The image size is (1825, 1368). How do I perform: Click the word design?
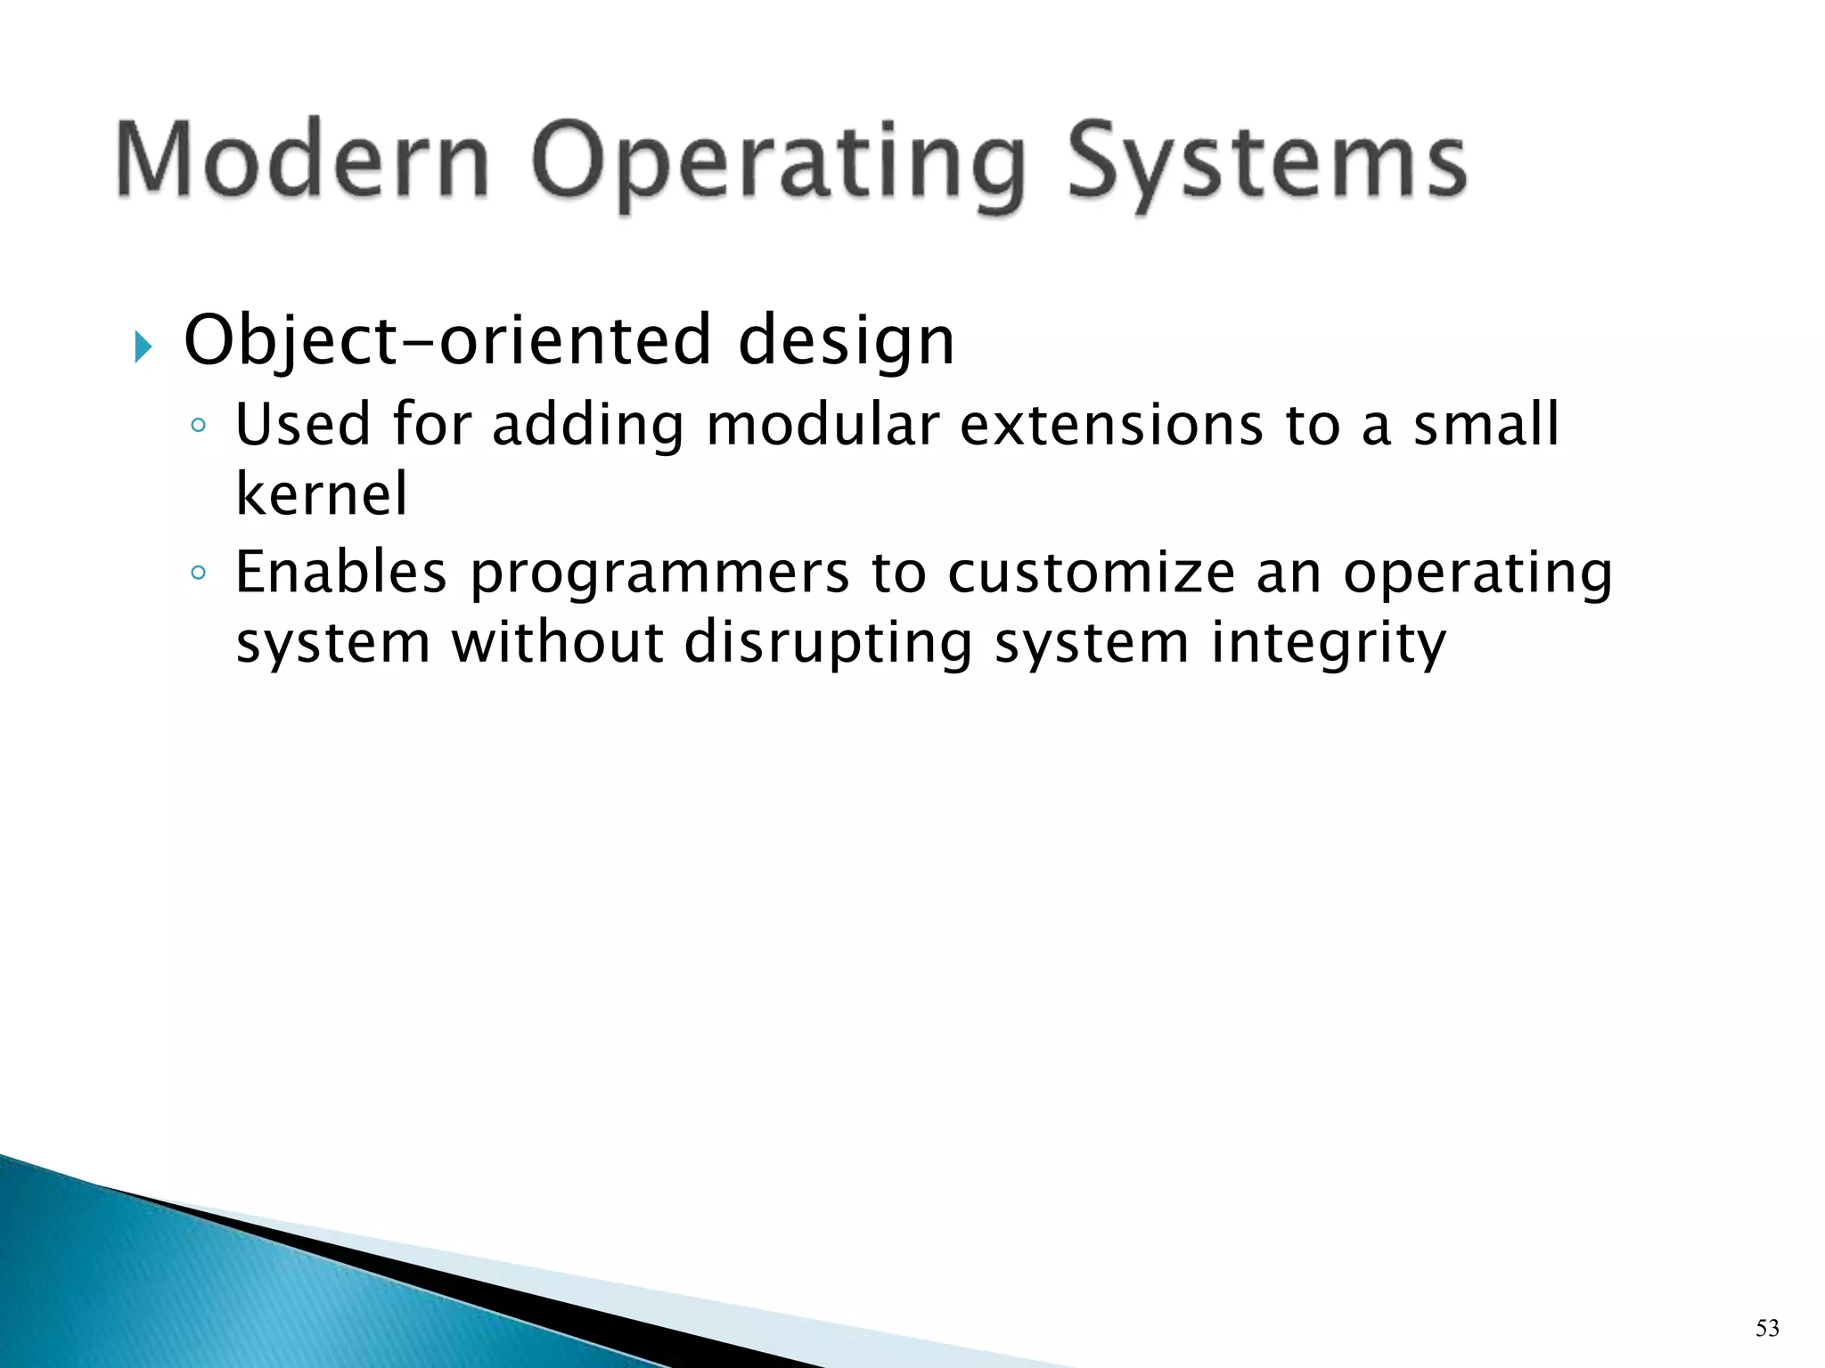[x=846, y=342]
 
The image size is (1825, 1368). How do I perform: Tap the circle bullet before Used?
[x=198, y=426]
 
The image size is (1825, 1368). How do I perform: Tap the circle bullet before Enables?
[x=198, y=573]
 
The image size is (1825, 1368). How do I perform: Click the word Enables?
[x=340, y=572]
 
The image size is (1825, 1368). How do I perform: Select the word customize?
[x=1091, y=574]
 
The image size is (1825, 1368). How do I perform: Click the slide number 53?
[x=1767, y=1329]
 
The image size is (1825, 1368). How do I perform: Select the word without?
[x=557, y=642]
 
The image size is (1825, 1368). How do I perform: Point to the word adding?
[x=587, y=426]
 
